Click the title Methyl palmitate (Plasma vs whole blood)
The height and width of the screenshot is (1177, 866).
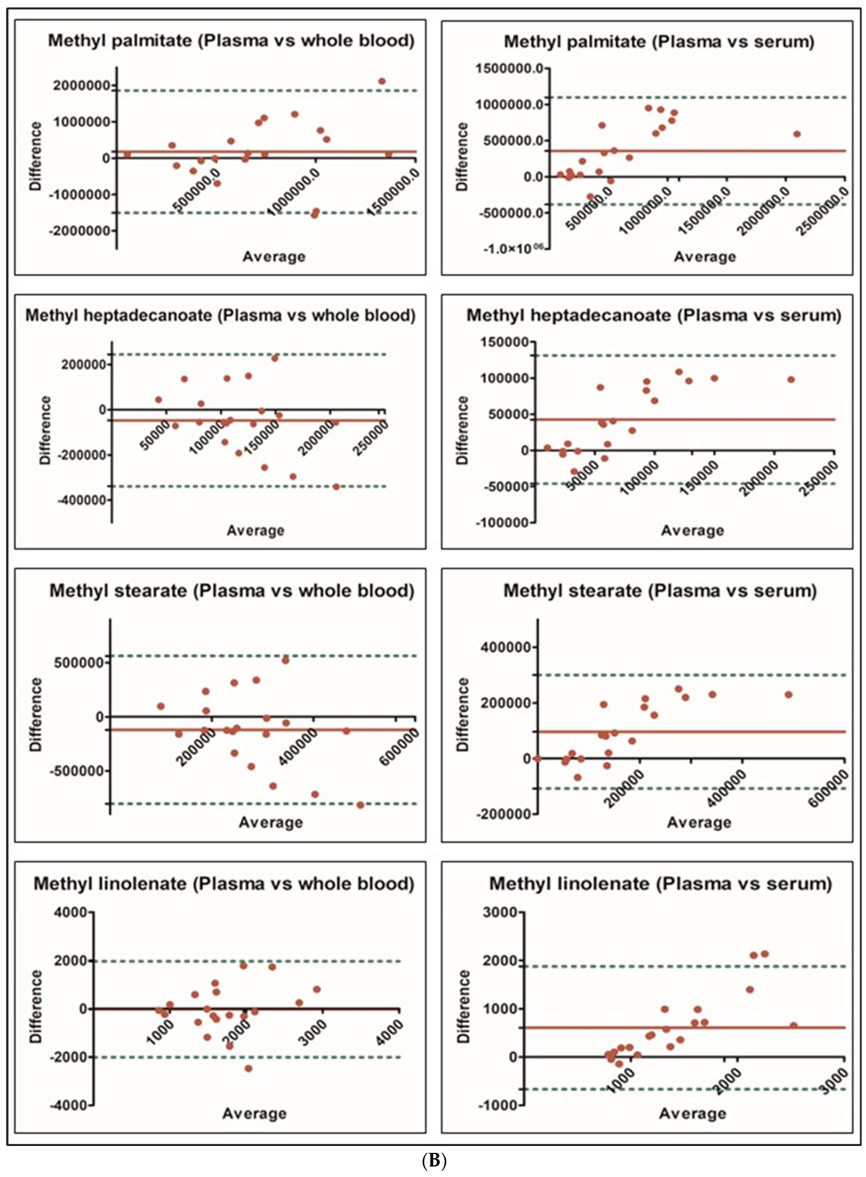[x=231, y=41]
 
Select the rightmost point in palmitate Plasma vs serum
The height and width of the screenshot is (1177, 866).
[x=797, y=134]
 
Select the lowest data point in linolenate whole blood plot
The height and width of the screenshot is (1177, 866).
[x=249, y=1068]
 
